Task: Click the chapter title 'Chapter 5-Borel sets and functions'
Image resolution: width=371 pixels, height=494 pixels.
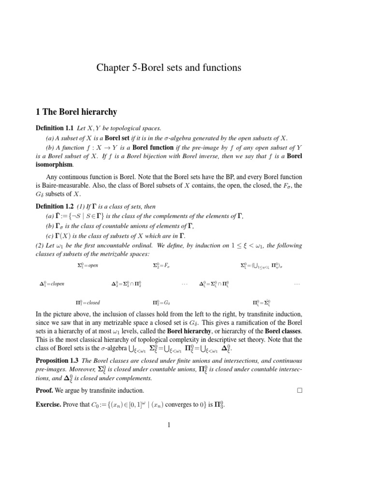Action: tap(162, 68)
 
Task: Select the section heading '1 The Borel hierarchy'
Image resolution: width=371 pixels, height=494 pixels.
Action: tap(77, 112)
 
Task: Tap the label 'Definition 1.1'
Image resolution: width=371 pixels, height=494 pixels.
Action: tap(55, 128)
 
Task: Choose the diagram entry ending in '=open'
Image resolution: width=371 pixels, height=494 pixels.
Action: tap(87, 265)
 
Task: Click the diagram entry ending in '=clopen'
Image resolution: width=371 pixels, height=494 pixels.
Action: tap(52, 284)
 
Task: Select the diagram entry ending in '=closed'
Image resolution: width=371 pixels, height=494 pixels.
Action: tap(87, 302)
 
